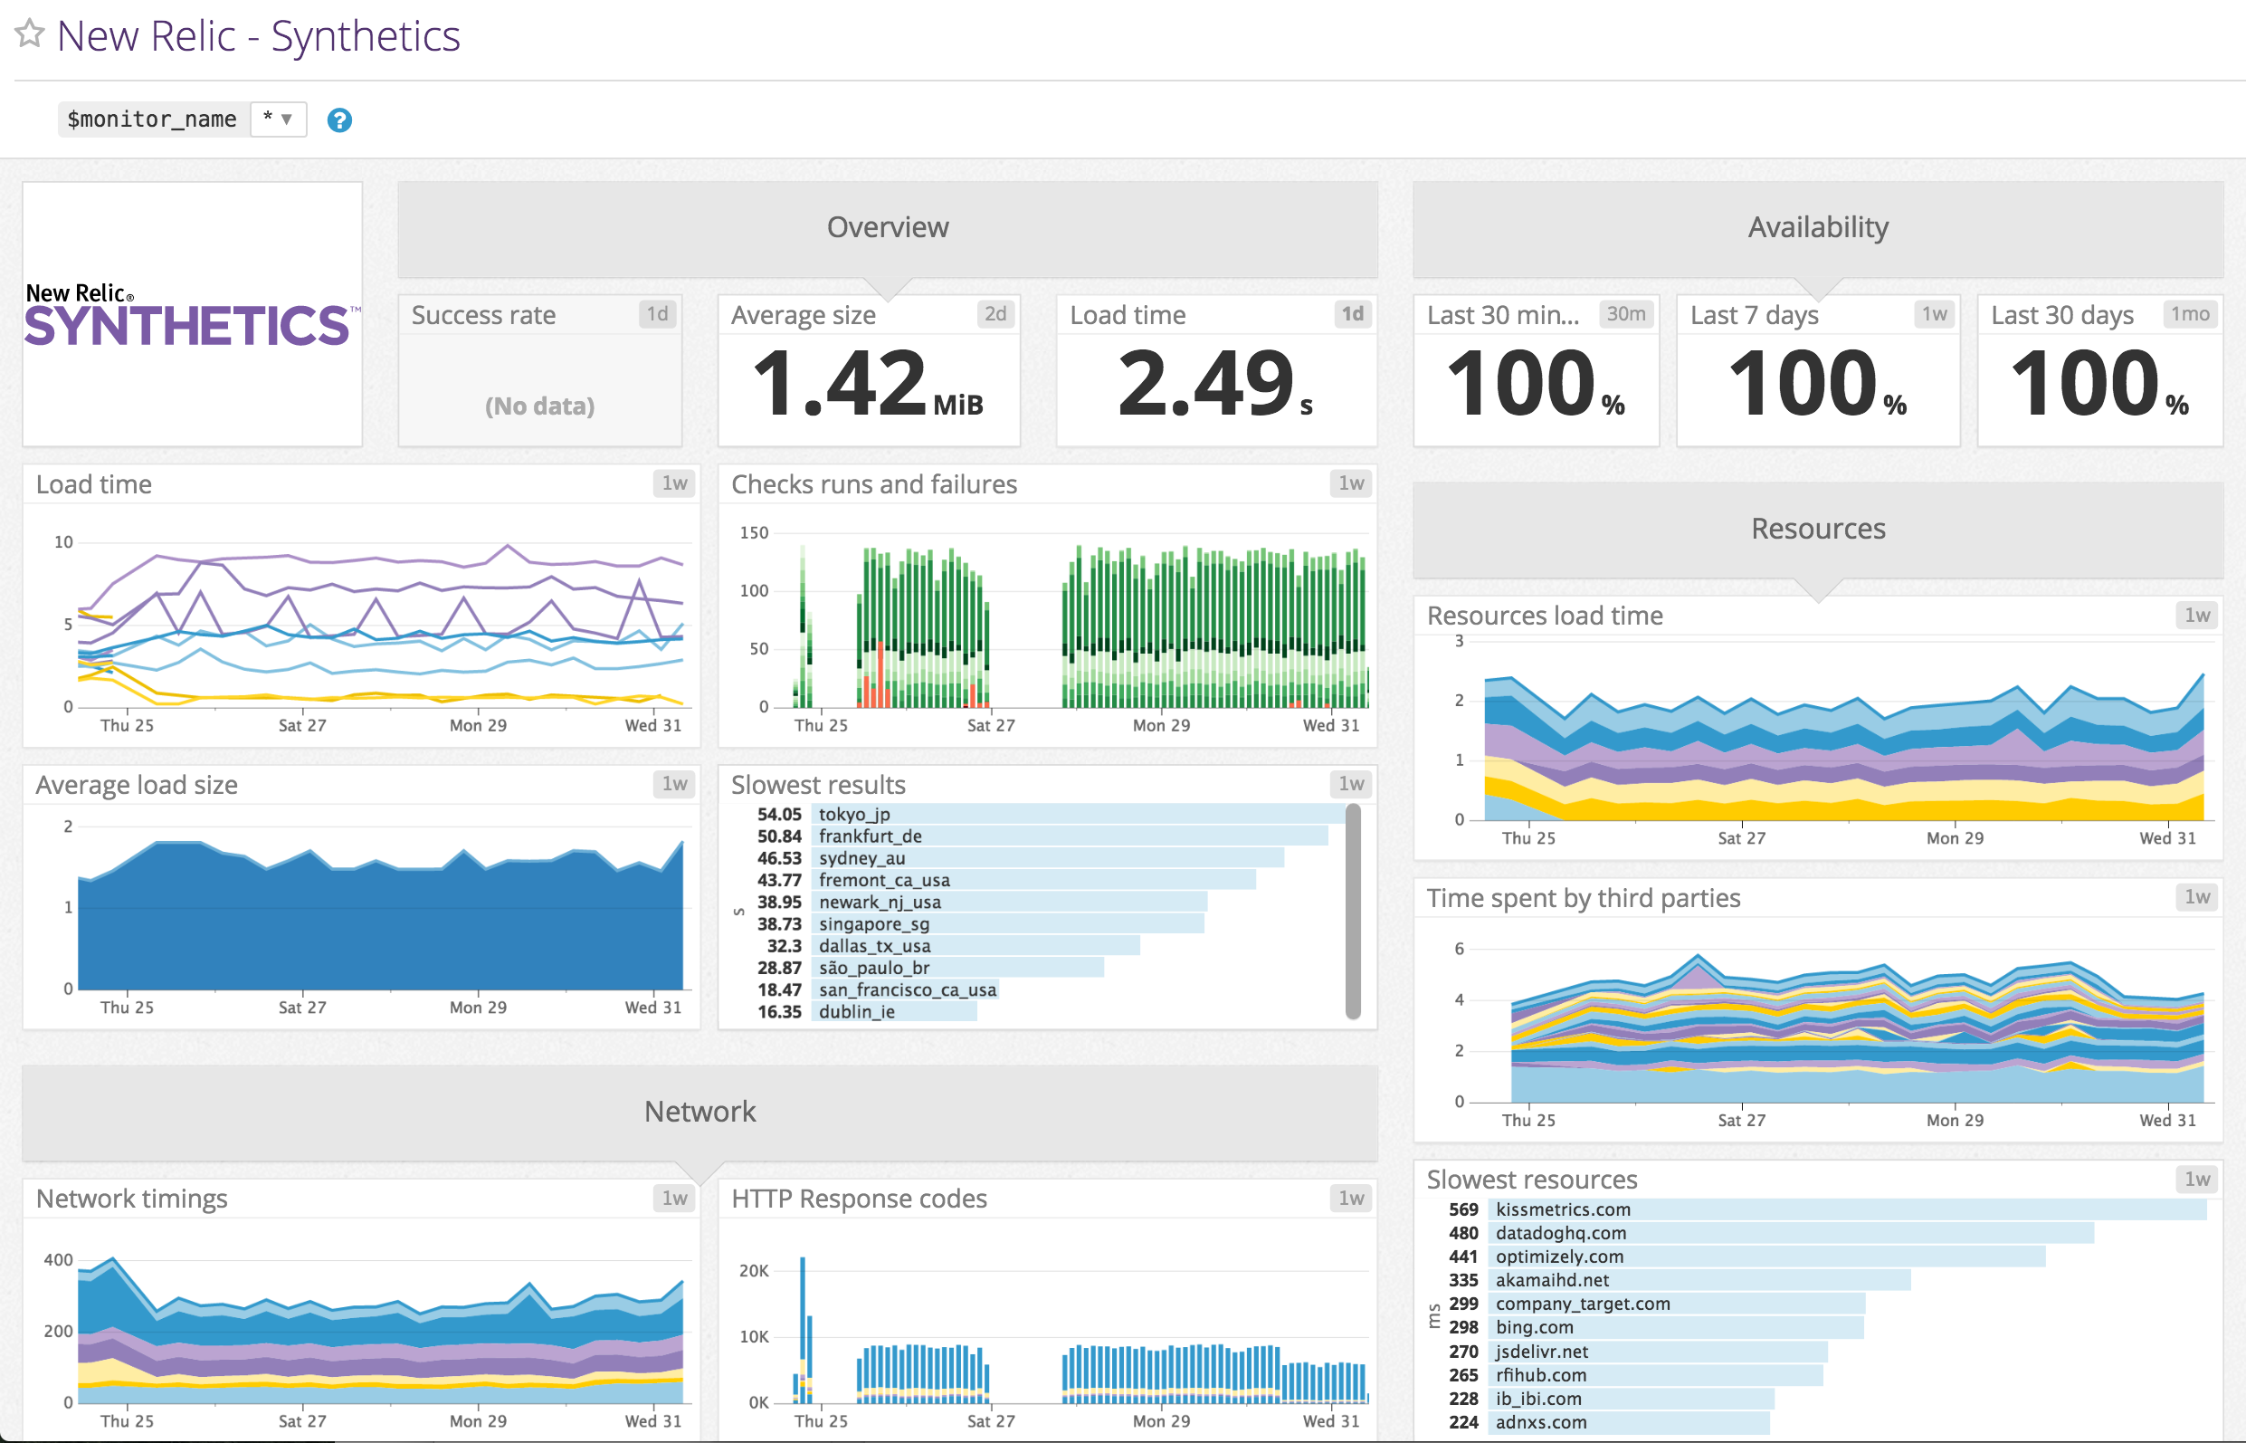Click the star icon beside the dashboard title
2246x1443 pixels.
[x=29, y=33]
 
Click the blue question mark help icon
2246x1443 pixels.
[x=339, y=119]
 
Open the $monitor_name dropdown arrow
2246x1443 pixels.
[x=287, y=119]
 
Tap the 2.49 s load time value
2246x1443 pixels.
[x=1214, y=384]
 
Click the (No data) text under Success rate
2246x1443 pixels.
[x=539, y=406]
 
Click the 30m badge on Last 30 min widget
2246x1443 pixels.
[x=1625, y=314]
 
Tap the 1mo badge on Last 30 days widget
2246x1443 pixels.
[x=2190, y=314]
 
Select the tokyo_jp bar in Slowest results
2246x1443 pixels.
[x=1077, y=814]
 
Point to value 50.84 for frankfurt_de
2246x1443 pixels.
[x=779, y=836]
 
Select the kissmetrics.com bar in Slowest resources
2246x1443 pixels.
[x=1845, y=1209]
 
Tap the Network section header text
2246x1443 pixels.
[x=699, y=1112]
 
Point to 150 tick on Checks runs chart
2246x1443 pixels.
[x=754, y=533]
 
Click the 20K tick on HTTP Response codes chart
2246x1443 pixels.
[x=754, y=1271]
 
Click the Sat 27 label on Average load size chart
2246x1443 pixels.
[x=302, y=1008]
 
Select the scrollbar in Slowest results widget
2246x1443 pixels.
[x=1353, y=909]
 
